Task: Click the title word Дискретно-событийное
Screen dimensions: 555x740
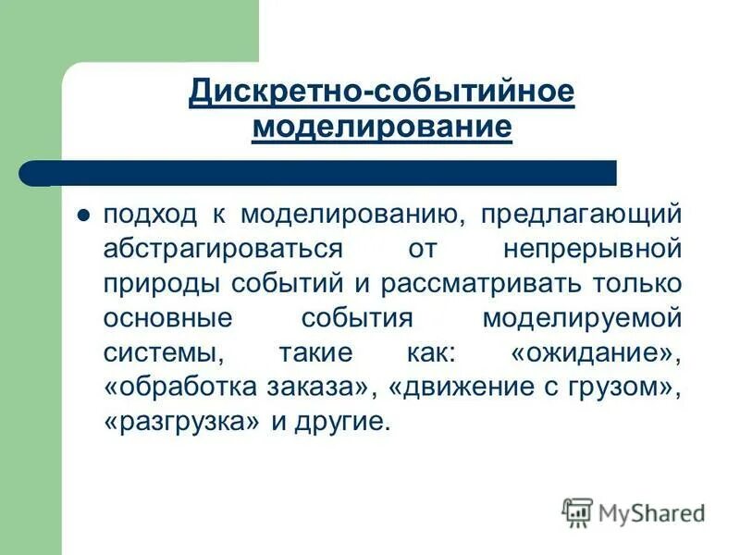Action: click(x=382, y=92)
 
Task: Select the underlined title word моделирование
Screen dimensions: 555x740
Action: click(x=382, y=127)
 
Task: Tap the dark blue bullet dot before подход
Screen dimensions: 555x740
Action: click(x=82, y=216)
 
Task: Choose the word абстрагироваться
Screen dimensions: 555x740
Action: click(x=223, y=249)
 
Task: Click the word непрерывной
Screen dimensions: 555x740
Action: click(x=593, y=249)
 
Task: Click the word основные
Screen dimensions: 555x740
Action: click(x=167, y=317)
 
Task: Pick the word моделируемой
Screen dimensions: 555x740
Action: click(x=582, y=317)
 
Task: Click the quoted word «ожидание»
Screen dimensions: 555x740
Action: click(x=595, y=351)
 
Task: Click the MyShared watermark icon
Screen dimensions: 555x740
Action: click(x=577, y=512)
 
